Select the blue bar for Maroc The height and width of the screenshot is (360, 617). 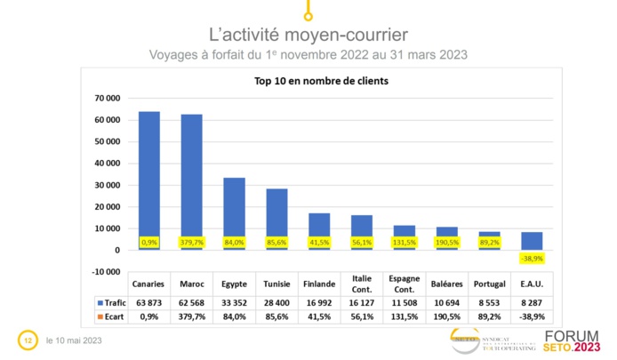coord(191,178)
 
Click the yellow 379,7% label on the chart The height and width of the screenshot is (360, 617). coord(191,242)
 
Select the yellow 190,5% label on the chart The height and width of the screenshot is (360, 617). coord(447,242)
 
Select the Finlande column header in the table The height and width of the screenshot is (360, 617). coord(319,284)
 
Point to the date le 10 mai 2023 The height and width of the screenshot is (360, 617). coord(73,340)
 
